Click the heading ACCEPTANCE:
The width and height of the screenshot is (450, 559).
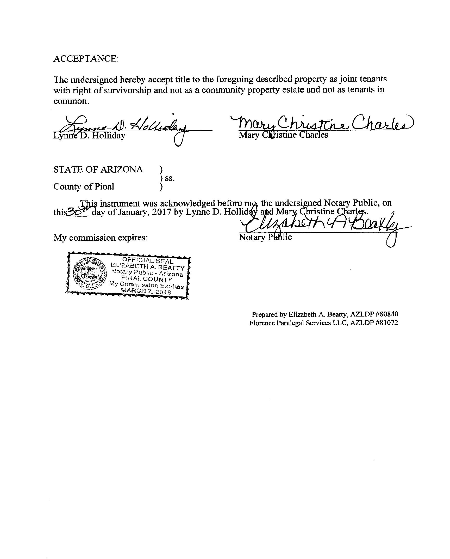click(86, 59)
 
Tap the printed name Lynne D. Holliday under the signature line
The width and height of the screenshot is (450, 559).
click(89, 136)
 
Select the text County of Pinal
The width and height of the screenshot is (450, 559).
click(84, 187)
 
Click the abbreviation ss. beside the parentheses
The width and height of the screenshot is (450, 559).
click(170, 178)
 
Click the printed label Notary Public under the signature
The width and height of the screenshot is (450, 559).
click(265, 237)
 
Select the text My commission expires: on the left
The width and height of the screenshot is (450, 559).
click(101, 238)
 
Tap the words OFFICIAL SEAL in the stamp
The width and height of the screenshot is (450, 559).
click(148, 260)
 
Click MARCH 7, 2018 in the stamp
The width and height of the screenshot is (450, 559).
click(146, 291)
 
